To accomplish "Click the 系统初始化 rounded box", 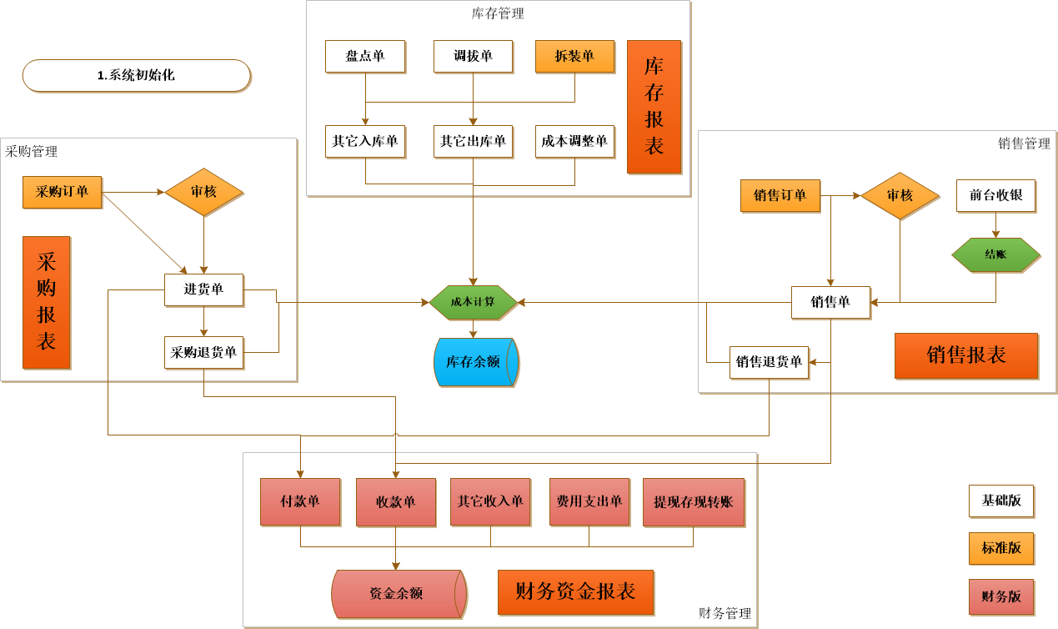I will pos(136,75).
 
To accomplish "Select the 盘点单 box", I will pos(365,56).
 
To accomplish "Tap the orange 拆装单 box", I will pos(574,56).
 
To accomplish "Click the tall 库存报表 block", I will pos(654,107).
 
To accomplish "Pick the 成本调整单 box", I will pos(574,141).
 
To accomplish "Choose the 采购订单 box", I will pos(62,192).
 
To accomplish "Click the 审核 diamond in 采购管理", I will pos(203,192).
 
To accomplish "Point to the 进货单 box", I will pos(203,289).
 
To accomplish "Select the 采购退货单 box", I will pos(203,352).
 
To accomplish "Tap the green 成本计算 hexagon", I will pos(473,302).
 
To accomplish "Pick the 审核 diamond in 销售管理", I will pos(900,195).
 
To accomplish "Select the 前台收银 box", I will pos(995,195).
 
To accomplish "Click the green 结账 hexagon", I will pos(995,254).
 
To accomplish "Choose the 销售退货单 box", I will pos(769,362).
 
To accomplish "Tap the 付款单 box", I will pos(300,501).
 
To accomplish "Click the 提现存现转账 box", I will pos(693,501).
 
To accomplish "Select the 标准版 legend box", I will pos(1000,548).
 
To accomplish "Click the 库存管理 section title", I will pos(498,13).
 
